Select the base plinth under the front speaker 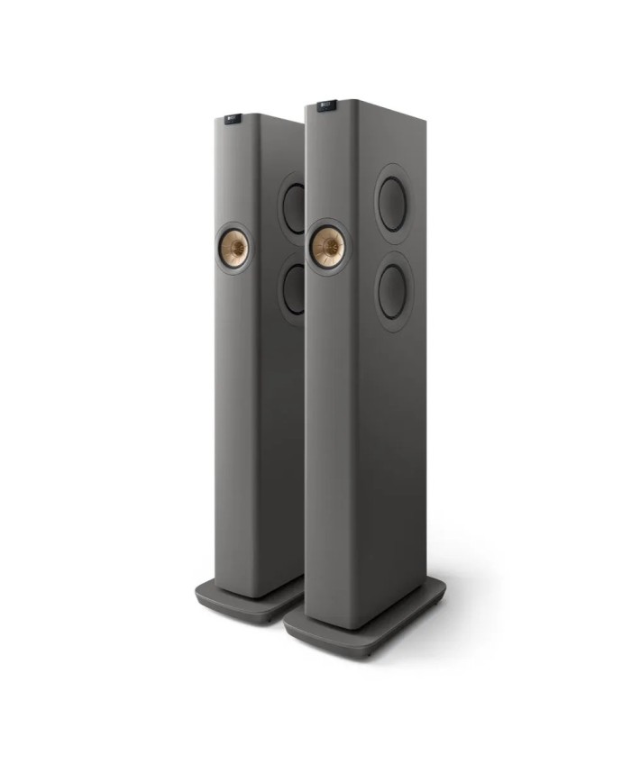tap(365, 617)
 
